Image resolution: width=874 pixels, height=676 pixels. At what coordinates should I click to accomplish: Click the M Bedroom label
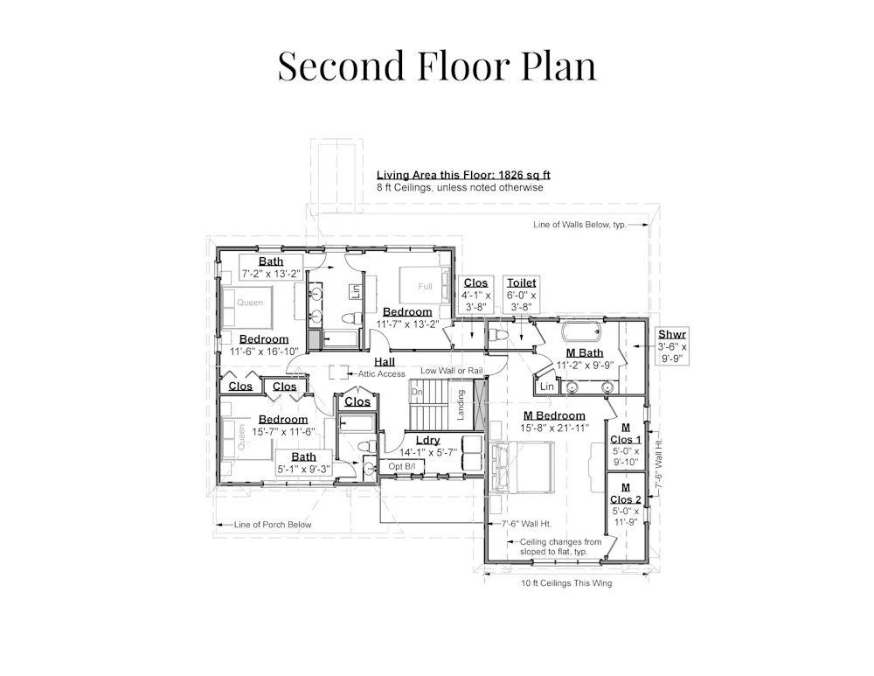pos(554,415)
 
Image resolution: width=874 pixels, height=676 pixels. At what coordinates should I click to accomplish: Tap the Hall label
pos(385,362)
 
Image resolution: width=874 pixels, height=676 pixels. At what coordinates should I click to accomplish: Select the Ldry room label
pos(428,441)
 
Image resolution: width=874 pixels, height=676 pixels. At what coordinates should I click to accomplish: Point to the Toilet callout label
pos(522,282)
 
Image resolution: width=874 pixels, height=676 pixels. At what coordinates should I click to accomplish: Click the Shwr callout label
pos(671,334)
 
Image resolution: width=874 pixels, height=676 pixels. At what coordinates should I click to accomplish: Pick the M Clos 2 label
pos(626,493)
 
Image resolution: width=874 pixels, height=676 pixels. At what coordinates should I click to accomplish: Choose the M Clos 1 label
pos(626,434)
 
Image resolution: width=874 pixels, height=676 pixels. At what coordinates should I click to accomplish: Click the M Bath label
pos(584,352)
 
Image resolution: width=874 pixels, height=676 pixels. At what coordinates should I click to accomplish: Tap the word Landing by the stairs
pos(461,404)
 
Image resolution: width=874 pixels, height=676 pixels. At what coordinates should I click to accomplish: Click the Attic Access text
pos(381,373)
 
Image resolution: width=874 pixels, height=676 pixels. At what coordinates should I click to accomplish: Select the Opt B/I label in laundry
pos(402,466)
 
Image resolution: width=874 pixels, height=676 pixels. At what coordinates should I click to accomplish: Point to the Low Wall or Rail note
pos(452,370)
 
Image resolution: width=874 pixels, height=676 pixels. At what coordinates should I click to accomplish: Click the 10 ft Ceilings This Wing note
pos(566,582)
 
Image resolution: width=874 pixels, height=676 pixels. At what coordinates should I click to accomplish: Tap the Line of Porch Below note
pos(273,525)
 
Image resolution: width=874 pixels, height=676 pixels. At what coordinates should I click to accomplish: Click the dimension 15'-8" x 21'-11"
pos(555,429)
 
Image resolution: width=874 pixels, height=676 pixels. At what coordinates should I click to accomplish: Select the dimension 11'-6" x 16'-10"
pos(264,352)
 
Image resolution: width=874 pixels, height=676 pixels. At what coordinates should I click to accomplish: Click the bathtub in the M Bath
pos(581,331)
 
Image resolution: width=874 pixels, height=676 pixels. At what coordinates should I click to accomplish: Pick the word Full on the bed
pos(426,287)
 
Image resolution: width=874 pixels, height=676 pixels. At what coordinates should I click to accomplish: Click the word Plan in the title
pos(558,66)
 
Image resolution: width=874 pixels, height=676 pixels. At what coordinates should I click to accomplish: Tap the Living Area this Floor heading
pos(463,175)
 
